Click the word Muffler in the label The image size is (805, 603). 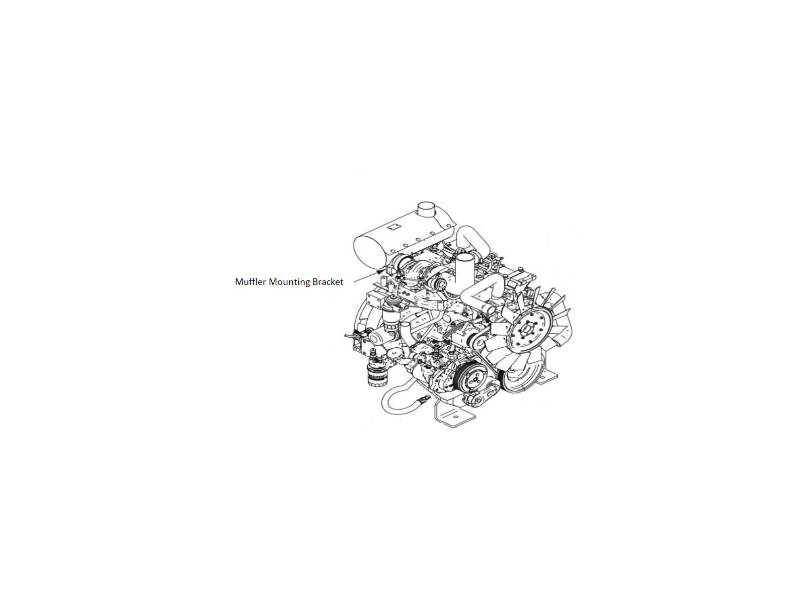pyautogui.click(x=250, y=281)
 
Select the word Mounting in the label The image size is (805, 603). pyautogui.click(x=289, y=282)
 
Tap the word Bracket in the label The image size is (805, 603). pyautogui.click(x=328, y=281)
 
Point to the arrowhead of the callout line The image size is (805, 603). pyautogui.click(x=379, y=272)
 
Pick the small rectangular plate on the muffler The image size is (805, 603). pyautogui.click(x=394, y=227)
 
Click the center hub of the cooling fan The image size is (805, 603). pyautogui.click(x=527, y=330)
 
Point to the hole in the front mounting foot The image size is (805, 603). pyautogui.click(x=455, y=417)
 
